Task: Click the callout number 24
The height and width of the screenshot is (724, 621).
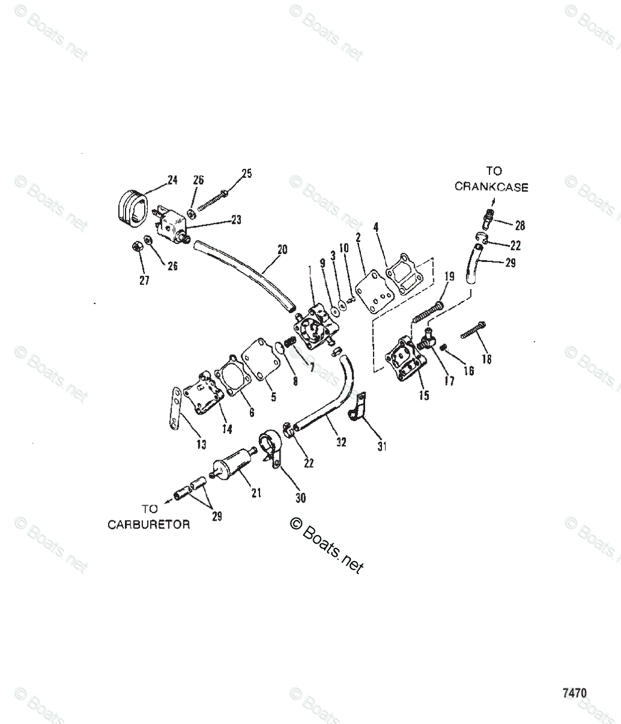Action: tap(173, 180)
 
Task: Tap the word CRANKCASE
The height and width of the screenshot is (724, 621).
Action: tap(491, 187)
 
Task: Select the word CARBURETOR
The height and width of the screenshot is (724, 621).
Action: tap(148, 524)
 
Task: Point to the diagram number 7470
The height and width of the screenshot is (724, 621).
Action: tap(574, 693)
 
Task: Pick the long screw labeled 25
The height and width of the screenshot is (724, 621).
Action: tap(211, 199)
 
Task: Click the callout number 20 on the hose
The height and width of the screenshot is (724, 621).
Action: tap(282, 249)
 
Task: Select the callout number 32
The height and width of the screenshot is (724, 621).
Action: tap(341, 442)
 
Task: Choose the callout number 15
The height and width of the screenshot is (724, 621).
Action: tap(424, 395)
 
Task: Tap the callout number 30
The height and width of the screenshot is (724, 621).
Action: tap(300, 498)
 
